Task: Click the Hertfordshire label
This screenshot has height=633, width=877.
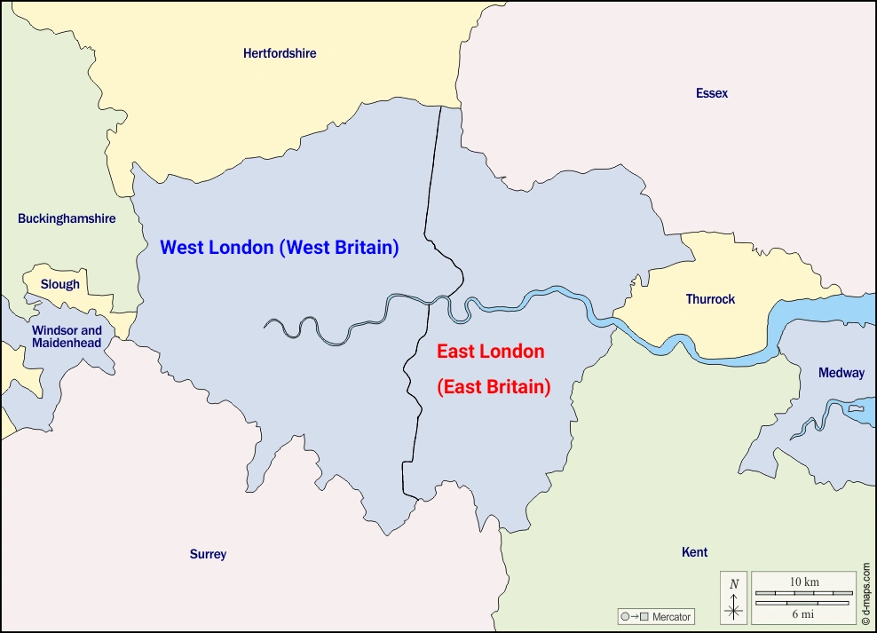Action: click(280, 53)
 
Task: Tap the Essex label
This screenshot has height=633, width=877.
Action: click(712, 93)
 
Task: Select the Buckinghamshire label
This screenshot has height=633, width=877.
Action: click(67, 218)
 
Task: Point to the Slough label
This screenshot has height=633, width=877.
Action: click(60, 285)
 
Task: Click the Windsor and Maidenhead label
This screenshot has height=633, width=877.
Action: click(67, 336)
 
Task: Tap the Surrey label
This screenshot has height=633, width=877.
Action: click(208, 554)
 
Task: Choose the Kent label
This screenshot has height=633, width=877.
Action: click(694, 552)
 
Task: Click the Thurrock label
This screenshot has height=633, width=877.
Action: click(710, 299)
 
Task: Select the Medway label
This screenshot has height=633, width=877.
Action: click(841, 373)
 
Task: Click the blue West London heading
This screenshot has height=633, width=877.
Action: click(217, 248)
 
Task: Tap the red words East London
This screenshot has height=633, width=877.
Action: click(490, 352)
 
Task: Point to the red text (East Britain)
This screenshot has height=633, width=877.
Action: click(494, 387)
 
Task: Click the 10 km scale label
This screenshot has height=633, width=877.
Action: click(804, 582)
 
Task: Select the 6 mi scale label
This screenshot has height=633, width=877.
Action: click(804, 613)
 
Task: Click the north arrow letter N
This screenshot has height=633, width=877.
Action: click(734, 583)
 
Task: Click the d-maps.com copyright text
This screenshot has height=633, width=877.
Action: click(866, 590)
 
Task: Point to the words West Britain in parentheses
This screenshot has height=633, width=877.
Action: click(339, 248)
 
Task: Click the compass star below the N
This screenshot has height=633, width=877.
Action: click(734, 611)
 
